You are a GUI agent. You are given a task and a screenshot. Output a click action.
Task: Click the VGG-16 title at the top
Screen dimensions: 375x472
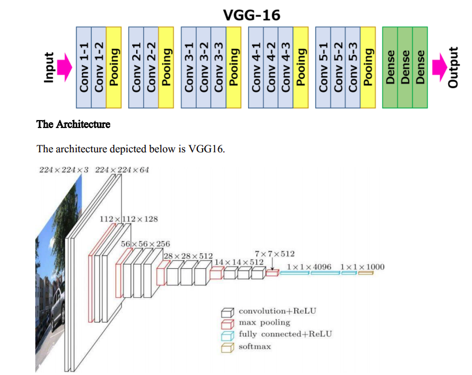(252, 14)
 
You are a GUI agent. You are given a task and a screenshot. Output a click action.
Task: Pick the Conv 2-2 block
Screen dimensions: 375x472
(152, 67)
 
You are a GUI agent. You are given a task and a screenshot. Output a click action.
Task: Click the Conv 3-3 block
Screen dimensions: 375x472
(219, 67)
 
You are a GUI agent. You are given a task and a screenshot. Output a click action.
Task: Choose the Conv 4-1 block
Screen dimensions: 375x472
(256, 67)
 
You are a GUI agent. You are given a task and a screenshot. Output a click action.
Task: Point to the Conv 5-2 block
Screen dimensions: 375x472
(338, 67)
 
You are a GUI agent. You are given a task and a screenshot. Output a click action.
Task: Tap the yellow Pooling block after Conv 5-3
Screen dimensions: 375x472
(368, 67)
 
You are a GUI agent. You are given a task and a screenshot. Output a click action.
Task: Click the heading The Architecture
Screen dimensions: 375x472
(73, 125)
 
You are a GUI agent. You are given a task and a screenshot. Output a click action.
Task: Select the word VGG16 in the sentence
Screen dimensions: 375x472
(205, 149)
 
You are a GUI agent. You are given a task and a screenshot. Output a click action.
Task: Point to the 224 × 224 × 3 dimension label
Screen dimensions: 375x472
(63, 170)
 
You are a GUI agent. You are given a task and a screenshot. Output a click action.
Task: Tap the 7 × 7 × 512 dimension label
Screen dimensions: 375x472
(274, 253)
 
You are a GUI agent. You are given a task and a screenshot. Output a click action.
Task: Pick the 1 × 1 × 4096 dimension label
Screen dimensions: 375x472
(309, 267)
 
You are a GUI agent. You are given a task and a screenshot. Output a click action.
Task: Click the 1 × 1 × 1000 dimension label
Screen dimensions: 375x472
(362, 267)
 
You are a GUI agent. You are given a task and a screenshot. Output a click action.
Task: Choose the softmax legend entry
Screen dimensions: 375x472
(254, 346)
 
